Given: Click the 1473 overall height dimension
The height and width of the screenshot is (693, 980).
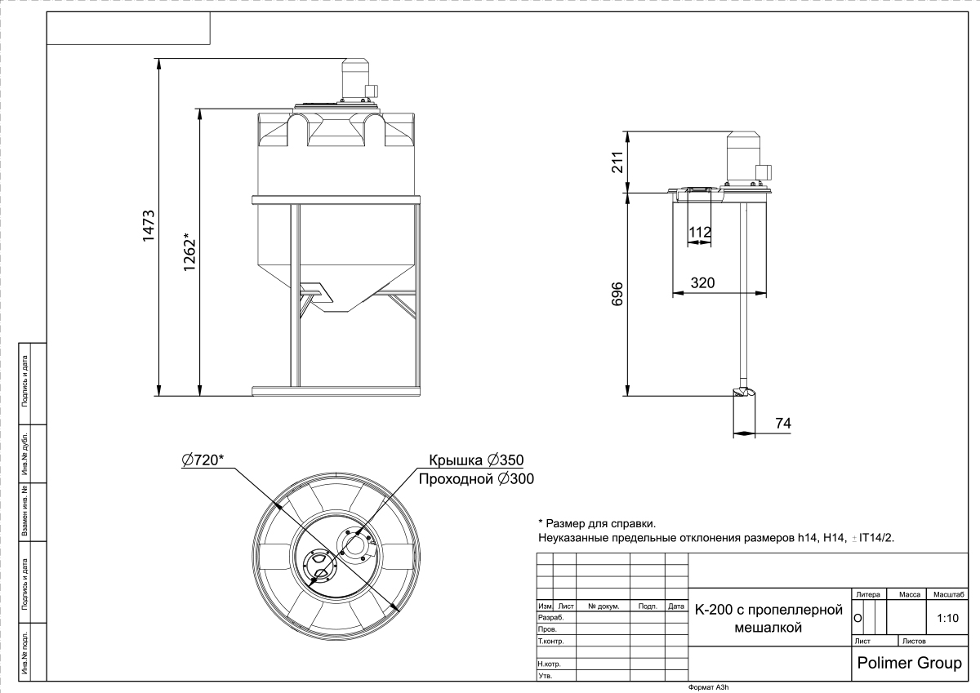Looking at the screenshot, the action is click(x=149, y=225).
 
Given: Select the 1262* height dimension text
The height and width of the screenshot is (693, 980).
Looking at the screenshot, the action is click(x=189, y=252).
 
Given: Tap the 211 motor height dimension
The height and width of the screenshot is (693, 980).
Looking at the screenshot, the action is click(x=617, y=162).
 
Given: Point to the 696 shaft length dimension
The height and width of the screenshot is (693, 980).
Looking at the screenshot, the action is click(x=617, y=294).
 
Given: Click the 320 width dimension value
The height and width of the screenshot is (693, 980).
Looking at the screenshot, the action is click(x=702, y=283).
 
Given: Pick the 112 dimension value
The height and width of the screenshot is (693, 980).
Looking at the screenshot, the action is click(x=700, y=232).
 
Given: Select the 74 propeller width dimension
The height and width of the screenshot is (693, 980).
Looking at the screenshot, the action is click(x=783, y=423).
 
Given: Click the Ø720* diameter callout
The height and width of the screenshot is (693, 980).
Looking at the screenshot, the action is click(x=203, y=460).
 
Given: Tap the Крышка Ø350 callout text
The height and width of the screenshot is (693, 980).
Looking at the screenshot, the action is click(x=476, y=460).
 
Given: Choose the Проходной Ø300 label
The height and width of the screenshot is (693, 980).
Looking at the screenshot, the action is click(x=476, y=479).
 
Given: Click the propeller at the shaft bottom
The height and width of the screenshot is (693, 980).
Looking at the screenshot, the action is click(x=744, y=392).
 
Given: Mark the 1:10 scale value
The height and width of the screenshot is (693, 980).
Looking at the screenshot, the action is click(x=947, y=618).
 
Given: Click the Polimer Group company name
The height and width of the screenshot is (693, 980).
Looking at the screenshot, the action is click(x=910, y=663).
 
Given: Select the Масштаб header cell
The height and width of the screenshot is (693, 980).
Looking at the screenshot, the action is click(x=948, y=594).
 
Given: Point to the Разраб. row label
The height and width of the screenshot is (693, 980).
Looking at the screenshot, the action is click(x=550, y=618).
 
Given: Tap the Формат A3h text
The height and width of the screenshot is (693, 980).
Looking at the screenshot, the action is click(x=708, y=687).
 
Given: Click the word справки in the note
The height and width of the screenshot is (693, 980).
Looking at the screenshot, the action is click(x=635, y=523).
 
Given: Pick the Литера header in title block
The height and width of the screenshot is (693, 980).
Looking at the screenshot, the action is click(x=868, y=594).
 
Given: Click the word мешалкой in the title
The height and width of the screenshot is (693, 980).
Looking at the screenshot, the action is click(x=768, y=628).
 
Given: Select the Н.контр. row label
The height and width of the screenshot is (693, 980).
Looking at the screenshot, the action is click(x=549, y=664).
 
